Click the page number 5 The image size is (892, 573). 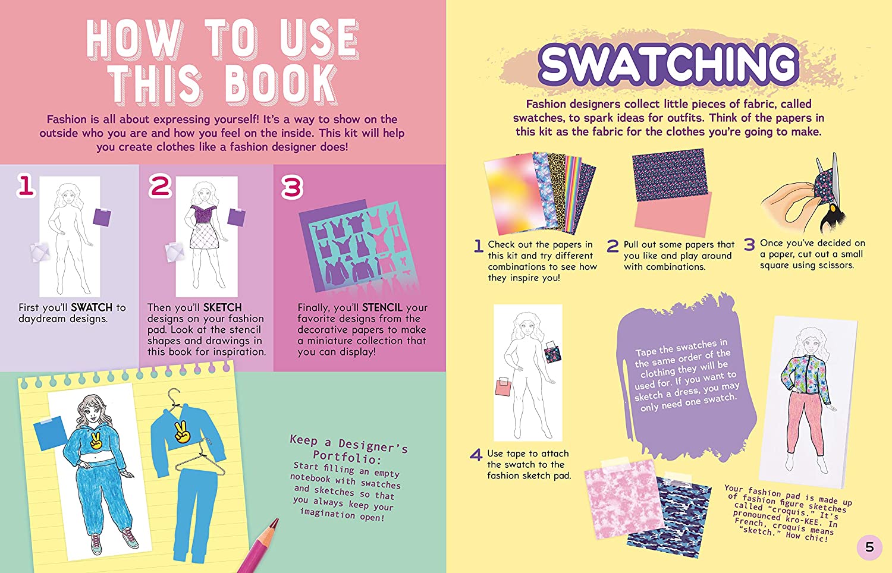[x=869, y=547]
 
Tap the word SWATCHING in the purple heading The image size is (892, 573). [x=669, y=65]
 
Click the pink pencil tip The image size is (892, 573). [x=275, y=522]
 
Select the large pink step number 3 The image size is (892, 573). [x=292, y=187]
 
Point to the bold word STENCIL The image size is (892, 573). [x=382, y=307]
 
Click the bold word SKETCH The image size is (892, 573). [x=222, y=307]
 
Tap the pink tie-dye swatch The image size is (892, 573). [x=623, y=499]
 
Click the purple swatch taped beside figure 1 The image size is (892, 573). [x=102, y=217]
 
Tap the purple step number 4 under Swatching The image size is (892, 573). [x=476, y=455]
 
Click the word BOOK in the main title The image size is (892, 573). [x=281, y=84]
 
